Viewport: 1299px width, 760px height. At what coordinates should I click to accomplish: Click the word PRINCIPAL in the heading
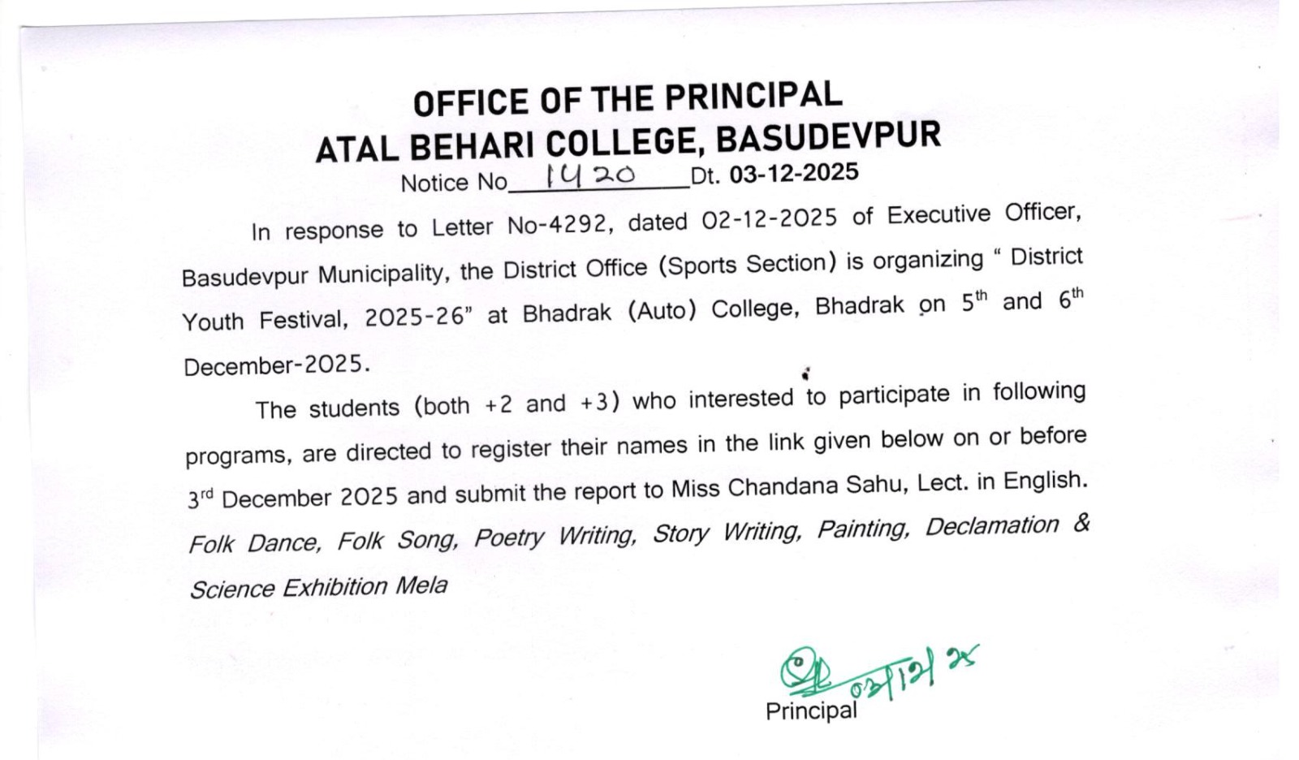753,97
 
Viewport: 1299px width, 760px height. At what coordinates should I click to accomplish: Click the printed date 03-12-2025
793,173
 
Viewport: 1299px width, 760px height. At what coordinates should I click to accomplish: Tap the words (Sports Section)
747,264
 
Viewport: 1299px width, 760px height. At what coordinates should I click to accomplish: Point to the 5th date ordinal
974,302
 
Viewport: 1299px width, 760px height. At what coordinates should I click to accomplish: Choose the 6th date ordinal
1071,299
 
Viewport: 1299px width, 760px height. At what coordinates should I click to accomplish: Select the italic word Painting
861,529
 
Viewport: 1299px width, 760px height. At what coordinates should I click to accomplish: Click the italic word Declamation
991,526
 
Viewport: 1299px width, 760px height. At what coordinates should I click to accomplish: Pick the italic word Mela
421,585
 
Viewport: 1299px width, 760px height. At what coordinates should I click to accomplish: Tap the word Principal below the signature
810,711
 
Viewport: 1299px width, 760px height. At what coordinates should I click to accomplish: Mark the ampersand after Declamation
1081,522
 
